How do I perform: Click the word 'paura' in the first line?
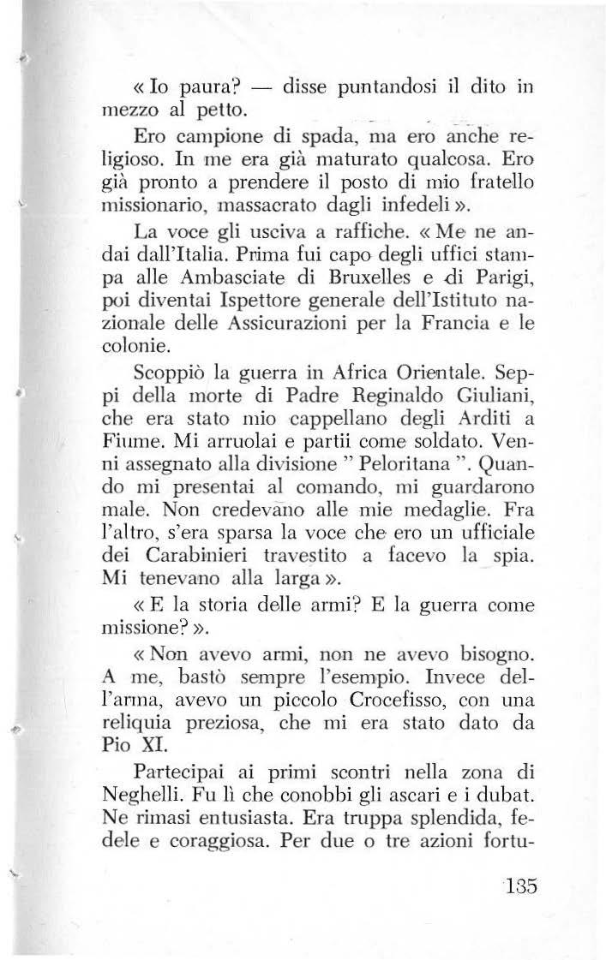pyautogui.click(x=201, y=86)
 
